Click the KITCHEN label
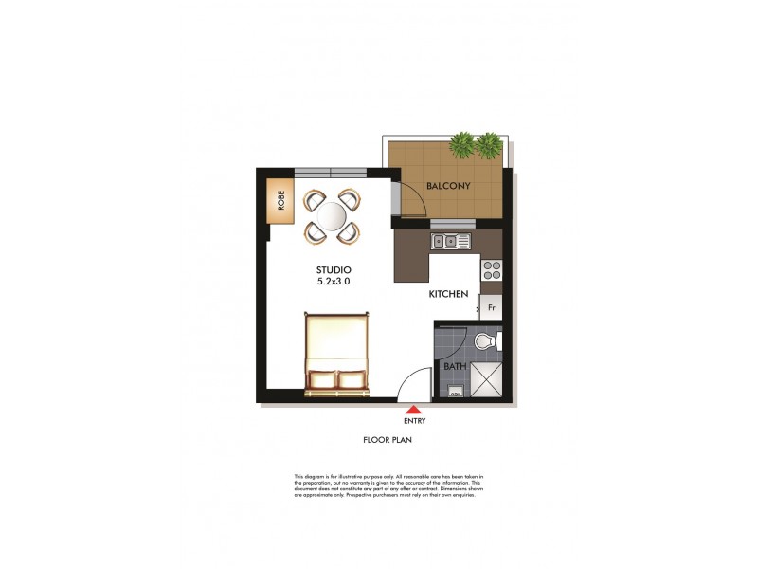[448, 295]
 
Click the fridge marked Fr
[492, 307]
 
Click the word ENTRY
[413, 420]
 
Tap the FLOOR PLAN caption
[387, 440]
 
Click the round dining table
[333, 216]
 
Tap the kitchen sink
[450, 241]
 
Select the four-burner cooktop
[492, 270]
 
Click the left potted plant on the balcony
[461, 145]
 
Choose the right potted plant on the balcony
[488, 145]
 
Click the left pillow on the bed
[321, 380]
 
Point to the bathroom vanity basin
[455, 392]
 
